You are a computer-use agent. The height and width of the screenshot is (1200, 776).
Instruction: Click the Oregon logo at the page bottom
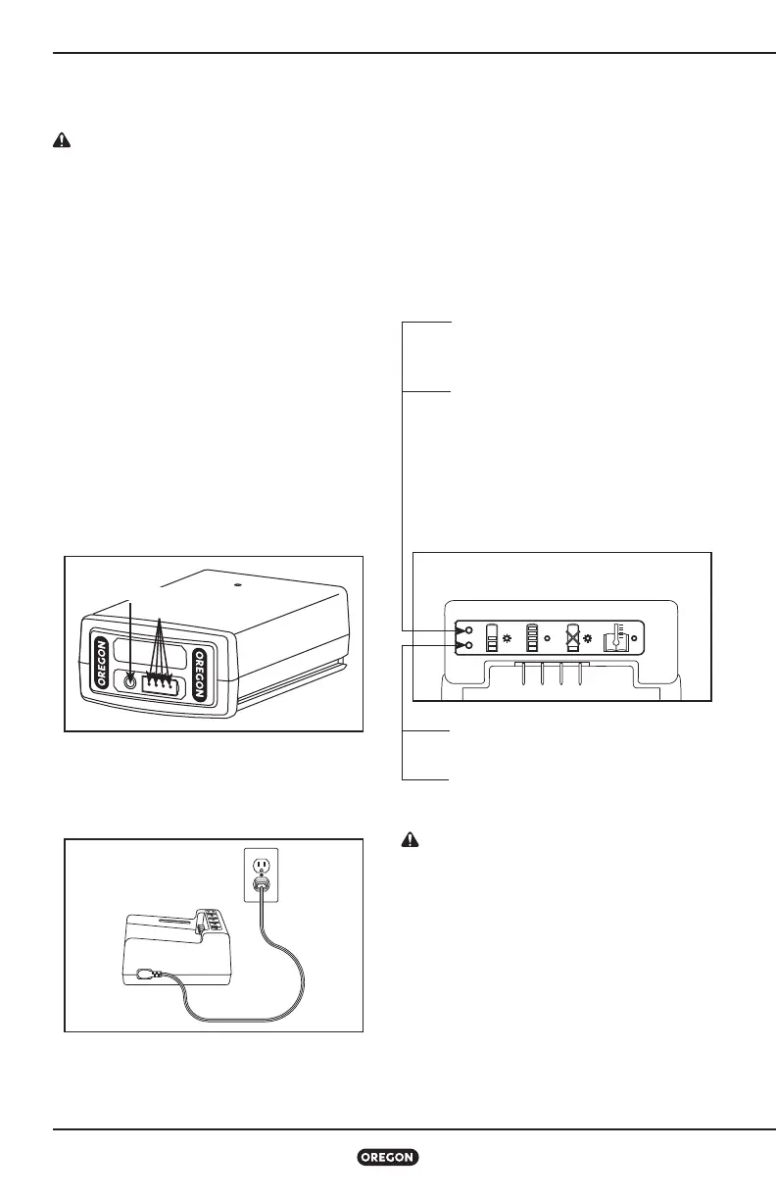(388, 1158)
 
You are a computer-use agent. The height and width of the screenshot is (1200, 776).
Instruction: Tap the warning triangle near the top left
(61, 140)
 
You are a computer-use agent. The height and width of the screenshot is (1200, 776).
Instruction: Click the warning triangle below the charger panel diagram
(412, 840)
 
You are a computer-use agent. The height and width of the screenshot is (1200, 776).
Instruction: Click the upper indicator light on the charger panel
(471, 630)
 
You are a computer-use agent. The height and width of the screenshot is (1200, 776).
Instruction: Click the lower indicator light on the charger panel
(471, 646)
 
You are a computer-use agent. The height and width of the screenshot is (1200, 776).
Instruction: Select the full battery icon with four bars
(533, 637)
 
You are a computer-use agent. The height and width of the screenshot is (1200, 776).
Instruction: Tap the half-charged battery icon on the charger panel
(493, 637)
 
